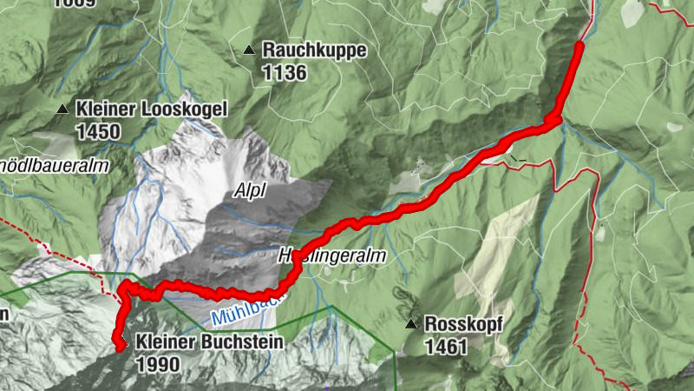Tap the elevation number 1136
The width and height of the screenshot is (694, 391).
[x=284, y=73]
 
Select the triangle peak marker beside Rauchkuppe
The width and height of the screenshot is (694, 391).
[x=249, y=50]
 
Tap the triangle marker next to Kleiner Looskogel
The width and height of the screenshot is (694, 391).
[x=62, y=109]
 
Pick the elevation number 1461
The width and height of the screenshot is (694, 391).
[x=446, y=347]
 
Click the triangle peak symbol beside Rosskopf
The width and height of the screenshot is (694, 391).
[x=410, y=324]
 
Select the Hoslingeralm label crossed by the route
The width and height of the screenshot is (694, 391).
[x=332, y=257]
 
